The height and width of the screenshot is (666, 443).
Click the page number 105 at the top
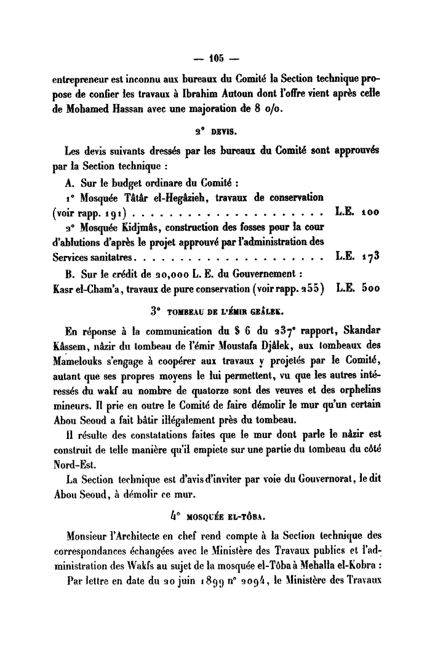[215, 60]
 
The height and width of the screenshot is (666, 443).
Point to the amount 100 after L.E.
[370, 212]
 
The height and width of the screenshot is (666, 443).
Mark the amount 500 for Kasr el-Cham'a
[370, 287]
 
